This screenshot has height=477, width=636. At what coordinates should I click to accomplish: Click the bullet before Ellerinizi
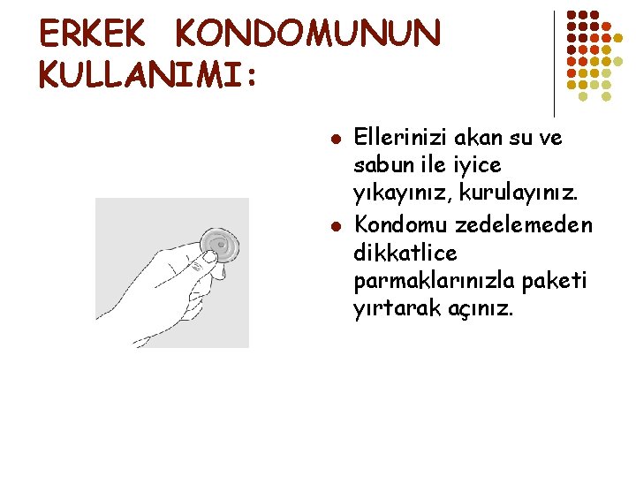[x=335, y=140]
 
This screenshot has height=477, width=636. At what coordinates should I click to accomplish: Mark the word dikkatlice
[x=405, y=254]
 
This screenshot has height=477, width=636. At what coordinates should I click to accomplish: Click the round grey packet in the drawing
[x=221, y=243]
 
